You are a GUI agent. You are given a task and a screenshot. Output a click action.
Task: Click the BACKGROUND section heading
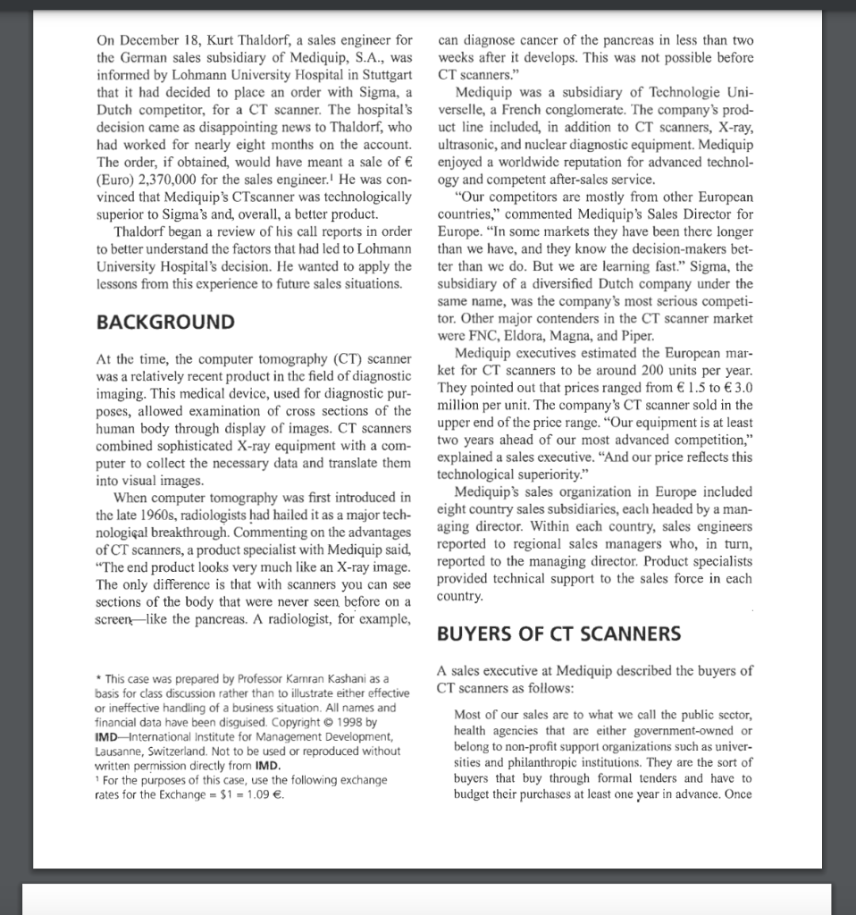coord(164,323)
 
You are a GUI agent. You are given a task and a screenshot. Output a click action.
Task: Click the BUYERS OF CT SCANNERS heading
coord(558,634)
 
